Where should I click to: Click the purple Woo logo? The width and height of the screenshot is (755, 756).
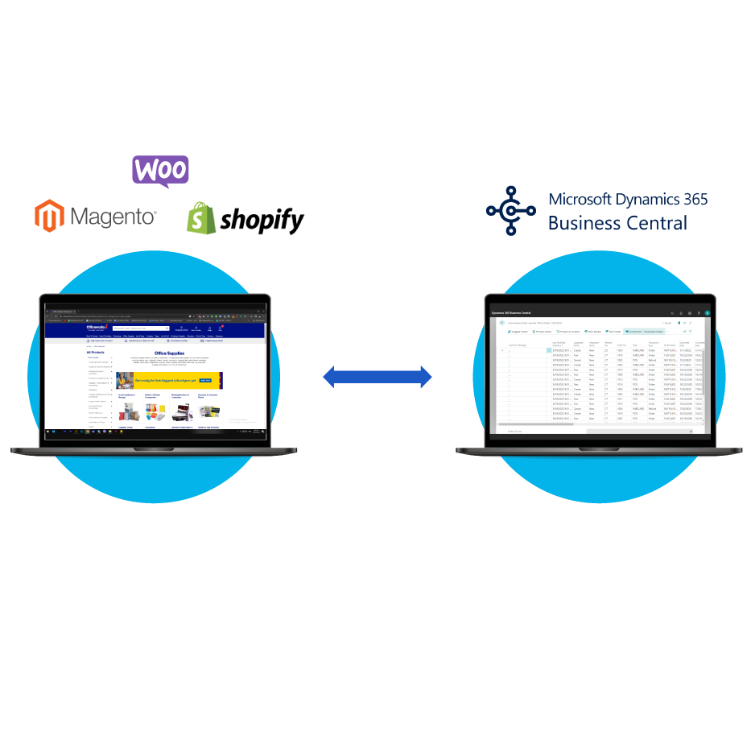160,170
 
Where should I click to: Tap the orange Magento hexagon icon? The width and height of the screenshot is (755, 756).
48,216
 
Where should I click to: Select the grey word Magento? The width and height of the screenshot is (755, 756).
113,217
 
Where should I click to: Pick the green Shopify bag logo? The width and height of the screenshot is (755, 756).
201,217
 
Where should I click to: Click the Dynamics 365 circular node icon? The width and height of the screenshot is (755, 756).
511,211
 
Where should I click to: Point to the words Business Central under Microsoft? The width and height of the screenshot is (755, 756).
617,223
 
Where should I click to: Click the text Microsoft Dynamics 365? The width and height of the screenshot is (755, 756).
628,199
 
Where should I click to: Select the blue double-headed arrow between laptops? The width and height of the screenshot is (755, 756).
377,376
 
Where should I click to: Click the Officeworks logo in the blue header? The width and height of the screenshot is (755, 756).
98,328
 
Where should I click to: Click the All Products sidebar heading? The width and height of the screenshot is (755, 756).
96,352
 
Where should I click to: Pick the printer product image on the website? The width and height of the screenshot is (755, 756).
183,413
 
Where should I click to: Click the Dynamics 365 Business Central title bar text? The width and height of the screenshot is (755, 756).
512,312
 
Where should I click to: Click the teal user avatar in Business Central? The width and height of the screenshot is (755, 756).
708,312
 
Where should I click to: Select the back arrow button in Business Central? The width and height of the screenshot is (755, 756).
501,322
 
